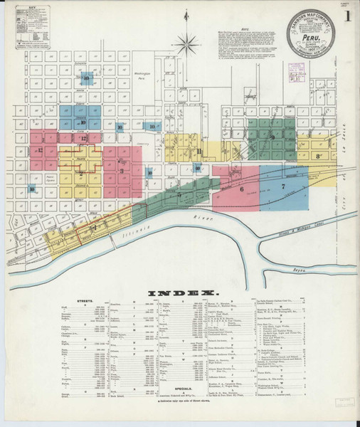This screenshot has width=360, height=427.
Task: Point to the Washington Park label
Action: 143,73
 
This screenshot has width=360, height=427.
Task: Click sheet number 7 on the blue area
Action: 282,186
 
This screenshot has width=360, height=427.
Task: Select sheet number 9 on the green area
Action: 271,137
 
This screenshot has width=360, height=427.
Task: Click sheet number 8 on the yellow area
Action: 319,155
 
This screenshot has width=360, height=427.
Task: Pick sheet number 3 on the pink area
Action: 122,171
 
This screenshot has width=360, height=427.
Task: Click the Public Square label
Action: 50,179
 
